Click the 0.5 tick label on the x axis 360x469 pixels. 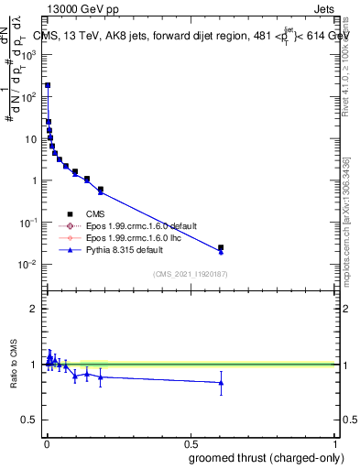(x=191, y=442)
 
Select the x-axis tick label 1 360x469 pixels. (x=335, y=442)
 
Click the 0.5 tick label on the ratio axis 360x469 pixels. (x=30, y=420)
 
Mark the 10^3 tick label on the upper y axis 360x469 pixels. (x=27, y=54)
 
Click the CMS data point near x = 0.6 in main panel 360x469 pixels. (x=221, y=247)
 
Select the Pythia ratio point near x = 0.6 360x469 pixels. (x=221, y=383)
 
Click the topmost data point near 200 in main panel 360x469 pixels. (x=48, y=85)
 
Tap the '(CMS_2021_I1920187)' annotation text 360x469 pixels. (x=189, y=275)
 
